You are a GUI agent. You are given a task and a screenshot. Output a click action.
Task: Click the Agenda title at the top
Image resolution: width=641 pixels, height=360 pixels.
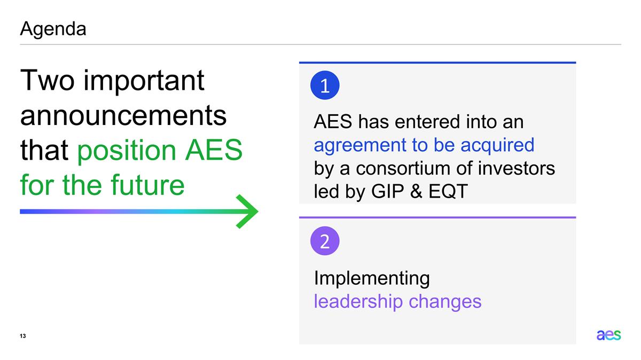53,29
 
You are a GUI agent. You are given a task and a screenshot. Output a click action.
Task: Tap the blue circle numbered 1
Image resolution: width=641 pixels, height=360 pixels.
325,86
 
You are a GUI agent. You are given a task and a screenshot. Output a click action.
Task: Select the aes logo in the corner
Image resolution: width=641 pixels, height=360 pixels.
608,335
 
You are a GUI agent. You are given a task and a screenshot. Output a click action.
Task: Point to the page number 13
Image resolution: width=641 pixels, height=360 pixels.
23,336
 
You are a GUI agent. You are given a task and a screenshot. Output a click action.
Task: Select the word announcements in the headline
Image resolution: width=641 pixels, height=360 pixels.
123,116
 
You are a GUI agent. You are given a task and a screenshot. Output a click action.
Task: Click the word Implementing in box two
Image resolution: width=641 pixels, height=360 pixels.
372,278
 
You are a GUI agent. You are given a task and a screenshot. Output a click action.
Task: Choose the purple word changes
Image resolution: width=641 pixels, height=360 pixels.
445,301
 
